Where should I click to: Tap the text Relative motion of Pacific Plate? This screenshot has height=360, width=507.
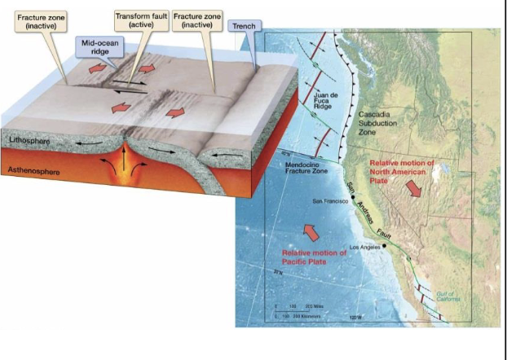pyautogui.click(x=314, y=257)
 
